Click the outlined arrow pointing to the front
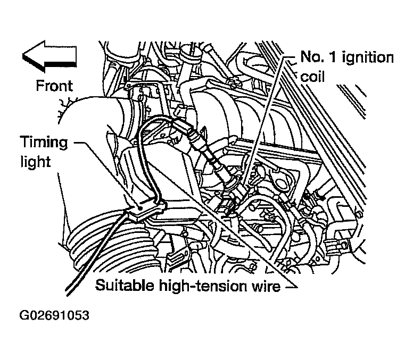pos(49,57)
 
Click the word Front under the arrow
pos(54,85)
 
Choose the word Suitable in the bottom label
pos(125,287)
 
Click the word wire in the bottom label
pos(265,287)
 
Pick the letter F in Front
pos(39,85)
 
